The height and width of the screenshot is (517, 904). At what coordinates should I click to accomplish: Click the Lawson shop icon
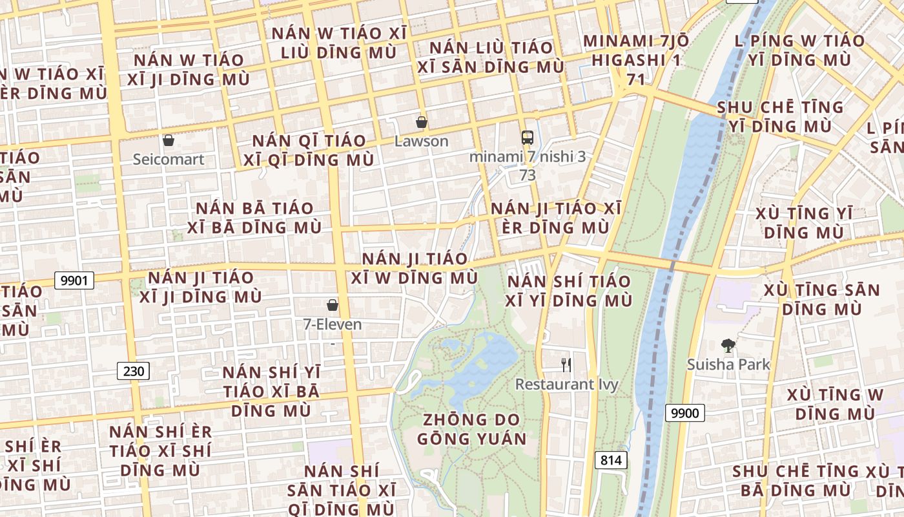click(x=421, y=121)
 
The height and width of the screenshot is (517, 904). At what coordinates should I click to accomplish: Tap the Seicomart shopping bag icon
click(x=169, y=140)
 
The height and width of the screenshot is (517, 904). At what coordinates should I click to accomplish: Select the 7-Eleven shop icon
click(x=333, y=304)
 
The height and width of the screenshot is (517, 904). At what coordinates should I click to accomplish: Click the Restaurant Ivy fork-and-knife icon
click(x=566, y=364)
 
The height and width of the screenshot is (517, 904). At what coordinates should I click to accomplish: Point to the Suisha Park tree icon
click(x=728, y=346)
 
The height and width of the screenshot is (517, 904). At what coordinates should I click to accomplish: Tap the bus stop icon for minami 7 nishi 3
click(x=528, y=137)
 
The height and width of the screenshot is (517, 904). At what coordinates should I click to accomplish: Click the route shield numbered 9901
click(x=74, y=280)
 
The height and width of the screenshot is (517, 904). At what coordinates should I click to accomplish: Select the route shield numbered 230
click(x=134, y=371)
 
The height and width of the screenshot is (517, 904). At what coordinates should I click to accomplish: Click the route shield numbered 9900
click(x=684, y=412)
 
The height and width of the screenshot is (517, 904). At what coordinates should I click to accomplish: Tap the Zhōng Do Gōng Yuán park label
click(x=471, y=429)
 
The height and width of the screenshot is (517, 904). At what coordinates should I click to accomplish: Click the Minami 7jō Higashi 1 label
click(x=636, y=60)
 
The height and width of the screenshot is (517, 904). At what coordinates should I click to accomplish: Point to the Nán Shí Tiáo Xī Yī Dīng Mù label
click(x=568, y=291)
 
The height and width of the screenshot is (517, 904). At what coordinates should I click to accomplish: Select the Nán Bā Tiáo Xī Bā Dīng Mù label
click(x=254, y=218)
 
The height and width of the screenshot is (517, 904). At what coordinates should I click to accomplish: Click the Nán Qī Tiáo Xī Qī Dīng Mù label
click(x=309, y=150)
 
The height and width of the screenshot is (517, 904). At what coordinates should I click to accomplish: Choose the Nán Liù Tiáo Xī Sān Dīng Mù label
click(x=491, y=57)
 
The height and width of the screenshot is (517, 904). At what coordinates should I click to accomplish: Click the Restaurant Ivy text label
click(x=566, y=385)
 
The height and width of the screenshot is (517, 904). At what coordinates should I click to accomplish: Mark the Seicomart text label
click(x=169, y=159)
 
